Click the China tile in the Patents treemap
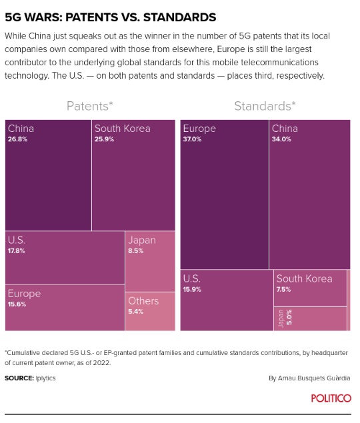coord(47,175)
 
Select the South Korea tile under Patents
coord(133,175)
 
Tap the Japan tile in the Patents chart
coord(149,261)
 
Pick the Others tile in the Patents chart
coord(149,310)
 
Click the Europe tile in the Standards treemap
coord(224,193)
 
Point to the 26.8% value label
coord(17,140)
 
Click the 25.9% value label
coord(104,140)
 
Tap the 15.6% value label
coord(17,304)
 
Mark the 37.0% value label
coord(193,140)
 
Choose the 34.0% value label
coord(281,140)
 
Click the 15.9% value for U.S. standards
coord(192,290)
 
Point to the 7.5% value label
coord(284,290)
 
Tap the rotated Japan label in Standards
coord(281,318)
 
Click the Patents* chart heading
coord(89,106)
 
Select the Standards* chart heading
coord(265,106)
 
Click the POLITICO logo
coord(331,398)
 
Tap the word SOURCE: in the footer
coord(19,378)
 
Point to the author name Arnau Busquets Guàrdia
coord(314,378)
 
